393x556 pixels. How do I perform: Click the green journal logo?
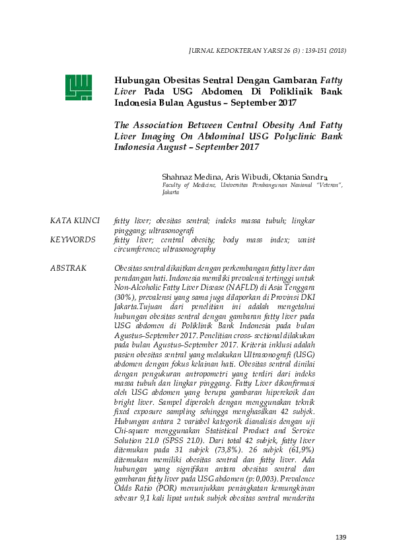click(77, 87)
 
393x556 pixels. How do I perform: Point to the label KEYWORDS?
click(71, 240)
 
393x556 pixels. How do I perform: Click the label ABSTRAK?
click(69, 268)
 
